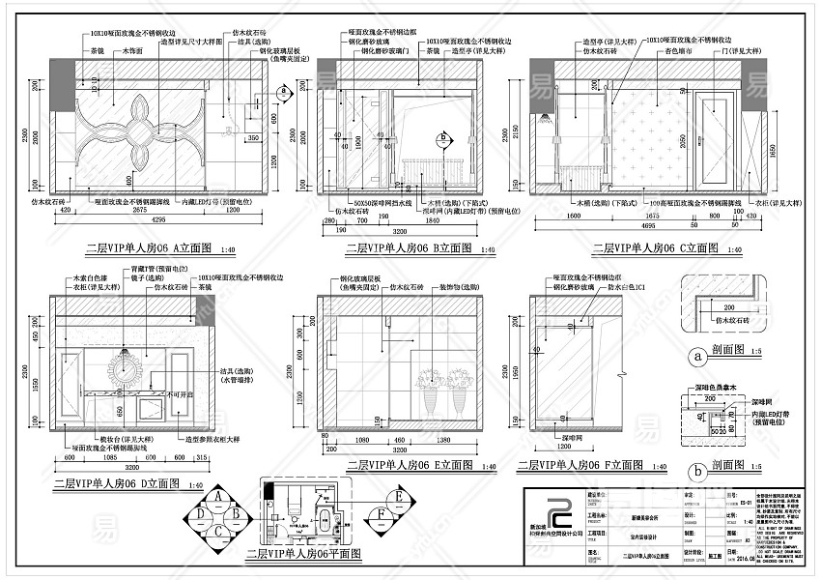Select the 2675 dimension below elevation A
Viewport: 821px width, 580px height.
(141, 208)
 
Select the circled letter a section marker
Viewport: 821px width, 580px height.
(697, 355)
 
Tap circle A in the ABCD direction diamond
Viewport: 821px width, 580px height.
(221, 498)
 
